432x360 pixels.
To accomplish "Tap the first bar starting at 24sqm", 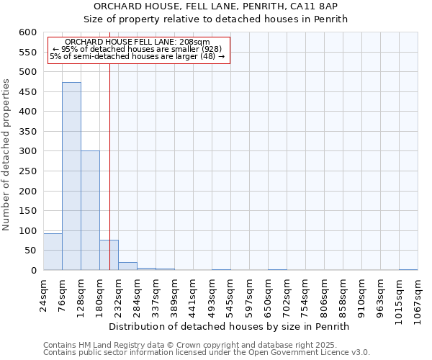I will click(x=53, y=252).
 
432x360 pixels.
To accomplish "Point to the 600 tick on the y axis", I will click(x=28, y=33).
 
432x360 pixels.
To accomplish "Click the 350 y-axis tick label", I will click(x=28, y=132).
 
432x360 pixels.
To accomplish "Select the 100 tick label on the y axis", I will click(x=28, y=231).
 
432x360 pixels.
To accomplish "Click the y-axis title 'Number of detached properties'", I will click(x=7, y=156).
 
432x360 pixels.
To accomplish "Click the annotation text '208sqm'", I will click(x=194, y=42).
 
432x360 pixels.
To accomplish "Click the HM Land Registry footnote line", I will click(x=180, y=345).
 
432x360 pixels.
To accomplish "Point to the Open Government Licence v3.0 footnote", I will click(x=281, y=352).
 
